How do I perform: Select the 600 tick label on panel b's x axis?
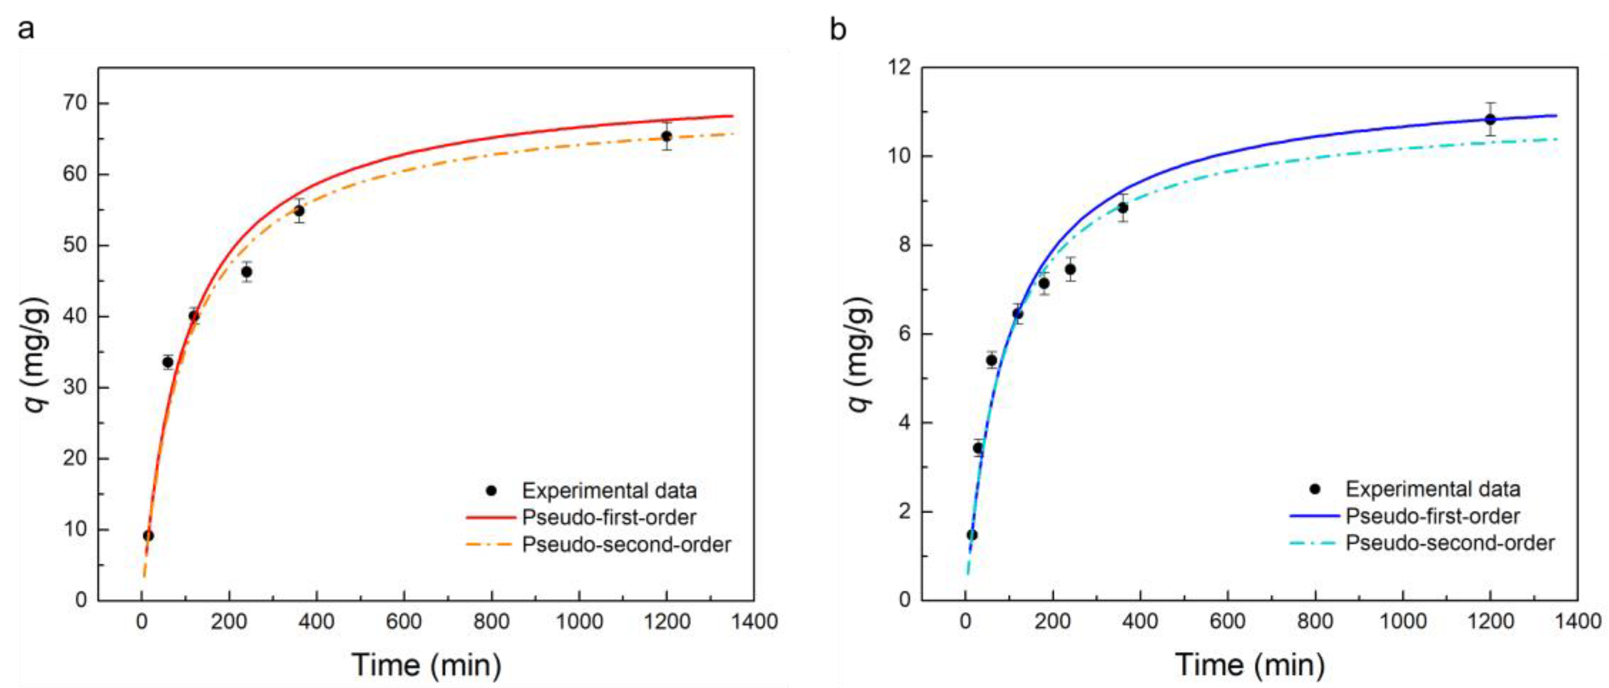[x=1228, y=622]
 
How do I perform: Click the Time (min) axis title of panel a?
[x=426, y=665]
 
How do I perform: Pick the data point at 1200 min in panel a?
[x=666, y=136]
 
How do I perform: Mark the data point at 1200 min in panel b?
[x=1490, y=119]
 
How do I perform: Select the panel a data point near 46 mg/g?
[x=247, y=272]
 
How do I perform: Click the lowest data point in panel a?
[x=148, y=536]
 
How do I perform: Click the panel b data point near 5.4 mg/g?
[x=991, y=360]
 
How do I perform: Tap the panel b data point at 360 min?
[x=1123, y=208]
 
